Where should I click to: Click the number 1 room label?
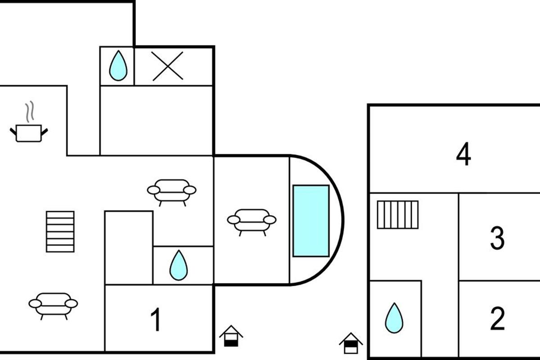coord(156,320)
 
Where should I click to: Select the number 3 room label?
coord(497,238)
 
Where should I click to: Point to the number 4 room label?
coord(463,155)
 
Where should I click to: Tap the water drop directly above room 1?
coord(178,265)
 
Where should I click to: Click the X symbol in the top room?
coord(168,66)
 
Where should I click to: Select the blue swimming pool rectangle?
coord(310,220)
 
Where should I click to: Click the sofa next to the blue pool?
coord(252,221)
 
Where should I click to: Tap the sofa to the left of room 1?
coord(53,305)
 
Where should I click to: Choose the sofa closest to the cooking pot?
coord(172,191)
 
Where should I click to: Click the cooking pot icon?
coord(29,133)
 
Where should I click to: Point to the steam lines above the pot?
coord(29,112)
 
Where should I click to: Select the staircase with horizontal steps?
coord(60,231)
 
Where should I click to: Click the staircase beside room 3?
coord(397,215)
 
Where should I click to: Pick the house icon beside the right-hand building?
coord(351,343)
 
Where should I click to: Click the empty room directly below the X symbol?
coord(156,120)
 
